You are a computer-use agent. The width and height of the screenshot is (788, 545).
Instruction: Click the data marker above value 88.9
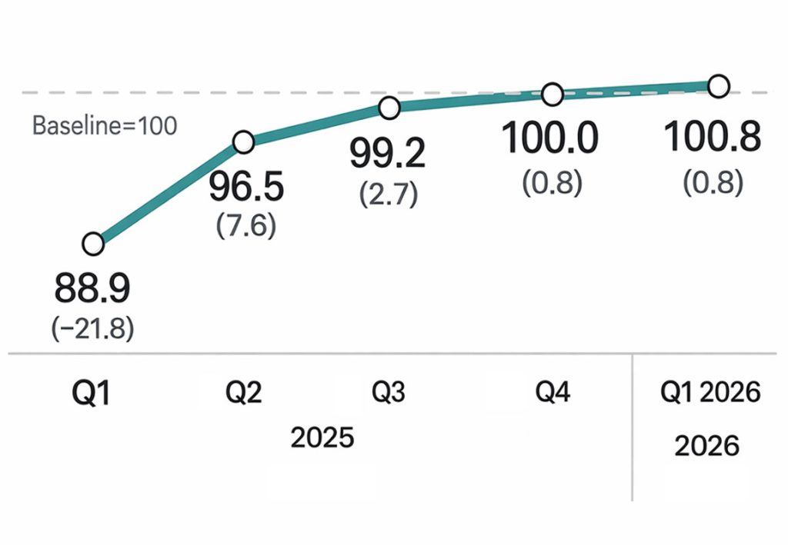click(x=92, y=244)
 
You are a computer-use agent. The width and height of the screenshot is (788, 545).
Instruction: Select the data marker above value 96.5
click(x=243, y=142)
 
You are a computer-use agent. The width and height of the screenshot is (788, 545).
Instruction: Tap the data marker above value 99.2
click(x=389, y=108)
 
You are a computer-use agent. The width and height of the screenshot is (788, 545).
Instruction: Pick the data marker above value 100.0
click(x=553, y=94)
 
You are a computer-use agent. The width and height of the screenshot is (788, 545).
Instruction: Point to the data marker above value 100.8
click(x=717, y=86)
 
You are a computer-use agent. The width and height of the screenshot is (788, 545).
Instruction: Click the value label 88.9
click(x=92, y=290)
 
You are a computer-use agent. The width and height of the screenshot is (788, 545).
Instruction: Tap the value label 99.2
click(x=387, y=155)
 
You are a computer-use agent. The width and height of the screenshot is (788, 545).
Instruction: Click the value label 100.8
click(x=712, y=138)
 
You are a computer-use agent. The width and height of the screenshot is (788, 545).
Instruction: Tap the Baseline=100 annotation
click(x=105, y=125)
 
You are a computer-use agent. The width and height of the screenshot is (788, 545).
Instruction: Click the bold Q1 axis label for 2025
click(x=92, y=394)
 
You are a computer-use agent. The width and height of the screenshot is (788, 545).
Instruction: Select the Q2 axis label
click(x=244, y=393)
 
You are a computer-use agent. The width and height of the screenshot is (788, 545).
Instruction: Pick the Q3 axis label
click(x=389, y=393)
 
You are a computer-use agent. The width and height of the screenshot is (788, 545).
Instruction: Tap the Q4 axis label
click(x=553, y=393)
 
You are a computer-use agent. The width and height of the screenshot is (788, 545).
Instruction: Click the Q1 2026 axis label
click(x=710, y=393)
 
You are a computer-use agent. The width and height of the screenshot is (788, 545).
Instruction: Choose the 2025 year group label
click(x=322, y=437)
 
